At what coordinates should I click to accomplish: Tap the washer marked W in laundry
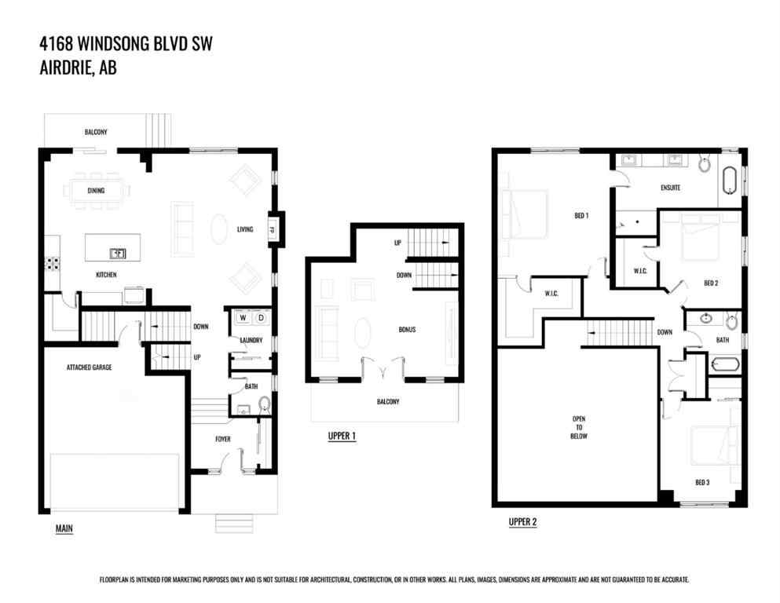pyautogui.click(x=242, y=318)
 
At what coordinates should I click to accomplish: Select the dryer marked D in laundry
pyautogui.click(x=261, y=318)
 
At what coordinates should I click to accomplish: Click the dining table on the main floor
pyautogui.click(x=97, y=191)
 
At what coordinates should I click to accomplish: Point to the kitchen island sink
pyautogui.click(x=118, y=253)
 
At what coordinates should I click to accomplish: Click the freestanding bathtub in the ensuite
pyautogui.click(x=731, y=180)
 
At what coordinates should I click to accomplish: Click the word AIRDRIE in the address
pyautogui.click(x=66, y=68)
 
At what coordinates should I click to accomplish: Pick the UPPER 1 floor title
pyautogui.click(x=342, y=436)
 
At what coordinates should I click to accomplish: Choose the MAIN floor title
pyautogui.click(x=64, y=528)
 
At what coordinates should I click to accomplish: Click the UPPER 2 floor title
pyautogui.click(x=522, y=521)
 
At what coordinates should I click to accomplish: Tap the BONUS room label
pyautogui.click(x=406, y=329)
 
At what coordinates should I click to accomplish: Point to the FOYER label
pyautogui.click(x=222, y=439)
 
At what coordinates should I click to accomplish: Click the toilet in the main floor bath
pyautogui.click(x=264, y=404)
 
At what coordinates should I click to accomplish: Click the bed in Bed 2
pyautogui.click(x=701, y=236)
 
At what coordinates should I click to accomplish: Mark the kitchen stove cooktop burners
pyautogui.click(x=54, y=264)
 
